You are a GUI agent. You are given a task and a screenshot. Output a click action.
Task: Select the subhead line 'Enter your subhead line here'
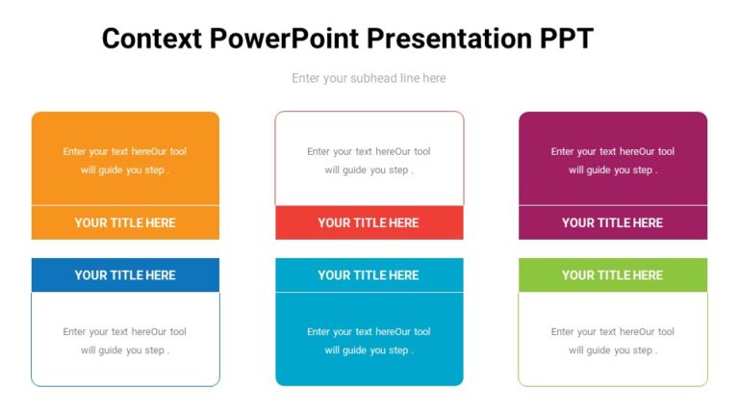tap(369, 78)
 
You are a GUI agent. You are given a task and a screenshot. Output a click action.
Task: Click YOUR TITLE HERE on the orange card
tap(125, 222)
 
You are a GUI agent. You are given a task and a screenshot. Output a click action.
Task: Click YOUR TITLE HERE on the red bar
tap(369, 222)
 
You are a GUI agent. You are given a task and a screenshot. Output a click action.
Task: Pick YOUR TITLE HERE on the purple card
tap(612, 222)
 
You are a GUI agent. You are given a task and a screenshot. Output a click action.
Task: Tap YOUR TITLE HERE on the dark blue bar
tap(125, 274)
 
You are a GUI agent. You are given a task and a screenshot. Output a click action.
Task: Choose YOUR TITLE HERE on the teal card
tap(369, 274)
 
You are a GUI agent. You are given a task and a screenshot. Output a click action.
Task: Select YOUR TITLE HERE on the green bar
tap(612, 274)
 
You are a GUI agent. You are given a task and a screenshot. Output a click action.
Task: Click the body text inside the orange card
tap(125, 161)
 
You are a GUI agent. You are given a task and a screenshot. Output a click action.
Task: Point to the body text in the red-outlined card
tap(369, 161)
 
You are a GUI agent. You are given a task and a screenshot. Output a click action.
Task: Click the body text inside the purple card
tap(612, 161)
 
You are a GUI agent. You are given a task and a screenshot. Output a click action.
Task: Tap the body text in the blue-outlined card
tap(125, 341)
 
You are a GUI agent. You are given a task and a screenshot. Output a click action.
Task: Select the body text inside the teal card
tap(369, 341)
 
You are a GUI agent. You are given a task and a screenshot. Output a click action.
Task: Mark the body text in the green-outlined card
tap(612, 341)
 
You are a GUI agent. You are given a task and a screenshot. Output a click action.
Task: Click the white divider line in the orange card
tap(125, 205)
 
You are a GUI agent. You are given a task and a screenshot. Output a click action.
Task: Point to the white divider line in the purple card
tap(612, 205)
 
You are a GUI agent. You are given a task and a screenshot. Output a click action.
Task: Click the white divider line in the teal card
tap(369, 292)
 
